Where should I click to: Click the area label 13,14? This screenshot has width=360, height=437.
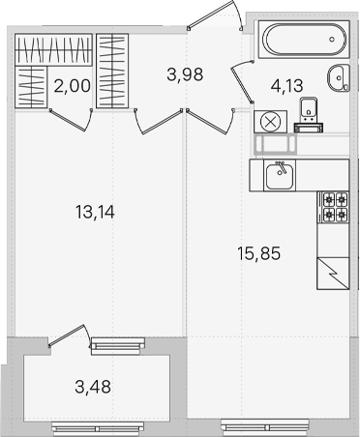pos(95,212)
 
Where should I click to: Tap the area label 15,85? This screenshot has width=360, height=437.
pos(258,253)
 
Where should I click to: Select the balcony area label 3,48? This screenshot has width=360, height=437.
pos(93,387)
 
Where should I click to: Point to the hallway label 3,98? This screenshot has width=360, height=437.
pos(185,74)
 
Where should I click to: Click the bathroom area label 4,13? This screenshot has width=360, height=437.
pos(287,86)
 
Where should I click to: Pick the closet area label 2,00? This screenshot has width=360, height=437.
pos(73,86)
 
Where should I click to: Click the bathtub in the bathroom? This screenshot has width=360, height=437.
pos(304,40)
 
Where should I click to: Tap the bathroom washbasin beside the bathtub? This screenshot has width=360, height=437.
pos(339,77)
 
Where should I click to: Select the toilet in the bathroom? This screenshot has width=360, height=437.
pos(309,114)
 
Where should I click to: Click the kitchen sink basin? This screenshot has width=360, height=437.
pos(280,176)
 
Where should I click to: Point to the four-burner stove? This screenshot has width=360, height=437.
pos(333,207)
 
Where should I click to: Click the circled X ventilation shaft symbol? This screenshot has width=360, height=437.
pos(270,122)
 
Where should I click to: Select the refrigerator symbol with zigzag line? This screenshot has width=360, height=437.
pos(333,274)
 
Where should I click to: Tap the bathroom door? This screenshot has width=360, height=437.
pos(242,81)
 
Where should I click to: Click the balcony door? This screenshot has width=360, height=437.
pos(70,335)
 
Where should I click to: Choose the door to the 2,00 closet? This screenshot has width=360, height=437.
pos(72,120)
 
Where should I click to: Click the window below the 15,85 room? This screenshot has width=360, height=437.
pos(265,427)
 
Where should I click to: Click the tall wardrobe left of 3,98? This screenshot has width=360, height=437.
pos(112,71)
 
